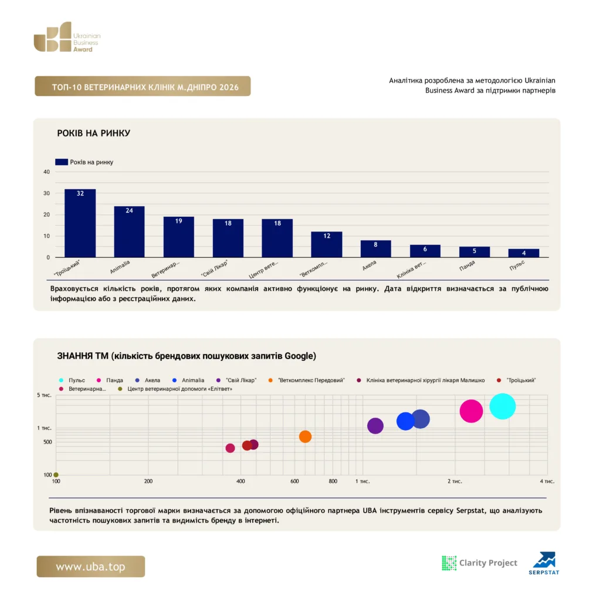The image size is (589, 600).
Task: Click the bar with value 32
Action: [x=80, y=223]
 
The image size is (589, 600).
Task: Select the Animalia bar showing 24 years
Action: [x=129, y=231]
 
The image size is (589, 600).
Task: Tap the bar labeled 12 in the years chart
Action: [x=327, y=244]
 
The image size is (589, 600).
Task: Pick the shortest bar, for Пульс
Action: [x=523, y=253]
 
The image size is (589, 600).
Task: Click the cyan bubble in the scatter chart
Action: [x=502, y=407]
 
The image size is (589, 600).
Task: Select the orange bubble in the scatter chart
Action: [x=305, y=437]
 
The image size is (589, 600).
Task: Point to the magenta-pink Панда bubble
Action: [x=471, y=411]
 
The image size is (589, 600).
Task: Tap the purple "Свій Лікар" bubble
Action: [x=375, y=425]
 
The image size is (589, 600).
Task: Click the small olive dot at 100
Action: [x=56, y=475]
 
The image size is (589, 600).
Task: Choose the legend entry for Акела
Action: [x=147, y=380]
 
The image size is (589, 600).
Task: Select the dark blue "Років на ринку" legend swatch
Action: [x=62, y=162]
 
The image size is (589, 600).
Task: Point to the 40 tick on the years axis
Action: [x=46, y=172]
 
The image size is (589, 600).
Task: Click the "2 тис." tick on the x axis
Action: [x=455, y=482]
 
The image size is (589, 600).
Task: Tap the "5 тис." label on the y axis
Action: [x=44, y=395]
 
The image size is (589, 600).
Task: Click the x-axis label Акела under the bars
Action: [x=370, y=265]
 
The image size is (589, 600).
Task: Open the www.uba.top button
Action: [x=91, y=567]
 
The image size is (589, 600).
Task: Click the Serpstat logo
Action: [x=544, y=563]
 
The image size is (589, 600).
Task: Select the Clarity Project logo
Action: [x=479, y=563]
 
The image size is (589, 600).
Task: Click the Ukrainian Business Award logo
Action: [x=67, y=37]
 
